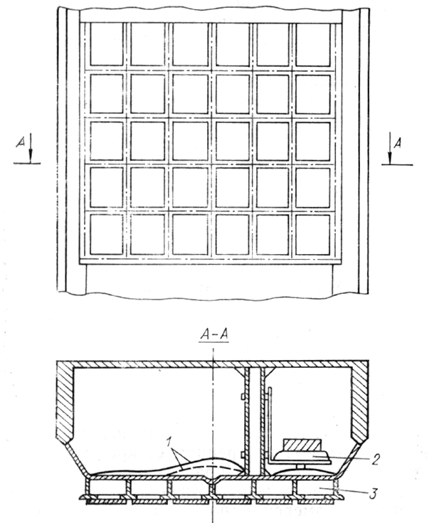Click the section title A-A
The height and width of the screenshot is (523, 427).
214,334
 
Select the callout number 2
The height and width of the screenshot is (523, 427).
376,460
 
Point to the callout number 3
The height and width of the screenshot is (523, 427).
373,493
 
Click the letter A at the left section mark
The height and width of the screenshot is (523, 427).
21,142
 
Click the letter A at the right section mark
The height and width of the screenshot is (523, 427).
397,143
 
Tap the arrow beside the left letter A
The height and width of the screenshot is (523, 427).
31,148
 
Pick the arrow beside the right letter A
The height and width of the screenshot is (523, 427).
389,148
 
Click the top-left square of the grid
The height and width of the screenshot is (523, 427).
107,44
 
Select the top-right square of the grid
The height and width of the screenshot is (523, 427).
313,44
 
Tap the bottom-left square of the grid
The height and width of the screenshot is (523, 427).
107,235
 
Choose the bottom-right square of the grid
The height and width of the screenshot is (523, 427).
312,235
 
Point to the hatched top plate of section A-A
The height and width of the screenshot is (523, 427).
213,364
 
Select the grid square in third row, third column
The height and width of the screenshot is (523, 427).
191,141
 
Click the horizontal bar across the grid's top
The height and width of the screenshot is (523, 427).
211,16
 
